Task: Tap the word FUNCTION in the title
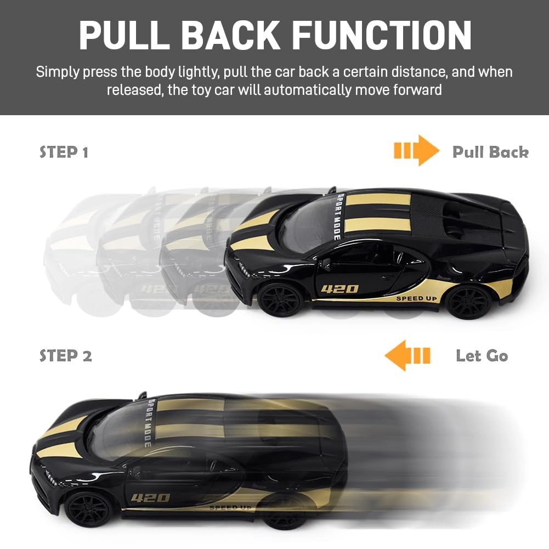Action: (382, 35)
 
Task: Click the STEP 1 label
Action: (64, 152)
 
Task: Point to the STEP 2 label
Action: (65, 355)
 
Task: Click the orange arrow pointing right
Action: (417, 151)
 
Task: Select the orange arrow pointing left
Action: (407, 355)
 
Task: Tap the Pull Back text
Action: (490, 152)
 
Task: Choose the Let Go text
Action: (482, 356)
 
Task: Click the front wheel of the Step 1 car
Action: (281, 300)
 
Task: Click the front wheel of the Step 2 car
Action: (88, 509)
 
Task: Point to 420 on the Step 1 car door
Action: (339, 289)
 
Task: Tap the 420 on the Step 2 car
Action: (151, 497)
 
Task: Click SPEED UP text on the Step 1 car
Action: (417, 299)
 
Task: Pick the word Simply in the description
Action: (58, 72)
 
